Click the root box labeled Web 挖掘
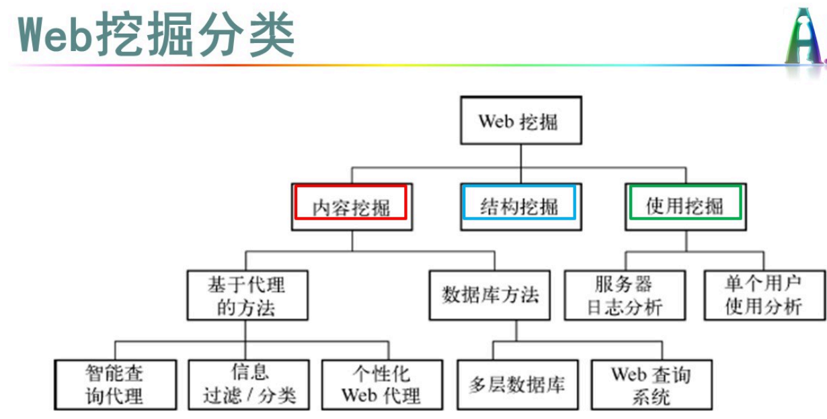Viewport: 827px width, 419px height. click(x=519, y=121)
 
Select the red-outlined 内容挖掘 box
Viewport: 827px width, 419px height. click(x=351, y=205)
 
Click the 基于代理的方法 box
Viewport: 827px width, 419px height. click(x=247, y=295)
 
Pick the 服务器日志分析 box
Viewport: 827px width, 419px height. click(x=625, y=295)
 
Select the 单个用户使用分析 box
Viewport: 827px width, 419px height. click(x=763, y=295)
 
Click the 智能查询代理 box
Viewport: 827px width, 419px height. click(x=115, y=384)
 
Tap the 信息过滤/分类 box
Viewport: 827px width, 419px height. click(x=249, y=384)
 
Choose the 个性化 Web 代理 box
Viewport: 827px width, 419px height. click(x=382, y=384)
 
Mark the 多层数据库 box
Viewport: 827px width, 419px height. click(x=517, y=384)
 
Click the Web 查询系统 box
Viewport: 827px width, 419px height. click(x=651, y=384)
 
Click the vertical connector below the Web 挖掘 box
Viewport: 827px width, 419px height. click(x=520, y=155)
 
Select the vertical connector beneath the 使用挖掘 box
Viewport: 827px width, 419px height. click(x=685, y=241)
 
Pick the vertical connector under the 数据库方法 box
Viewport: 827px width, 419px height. click(x=516, y=330)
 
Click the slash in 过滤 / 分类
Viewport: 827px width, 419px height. click(x=250, y=395)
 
